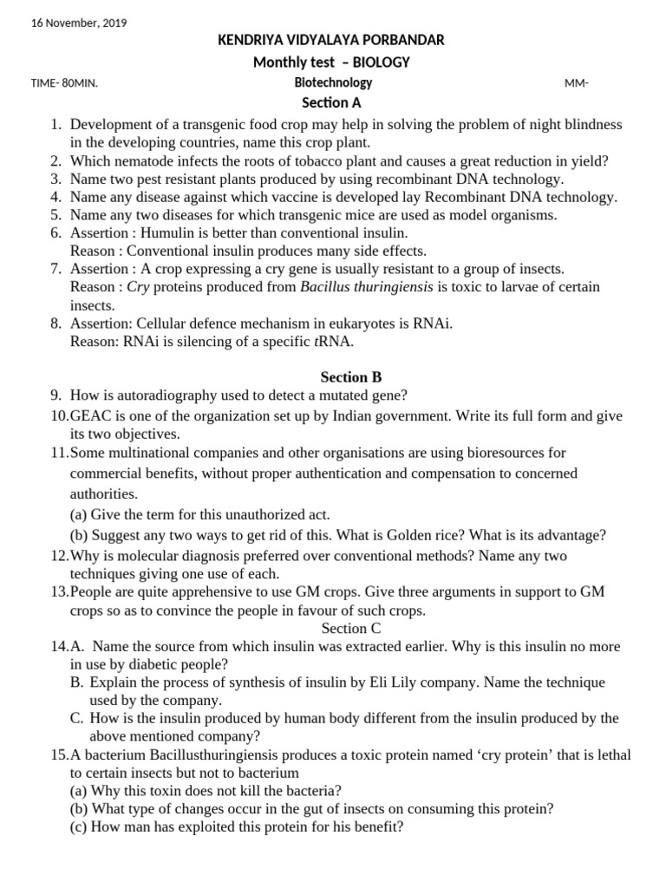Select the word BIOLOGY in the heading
click(x=378, y=62)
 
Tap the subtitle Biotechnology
click(x=333, y=83)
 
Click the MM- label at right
click(x=577, y=84)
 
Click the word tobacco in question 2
click(x=309, y=160)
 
